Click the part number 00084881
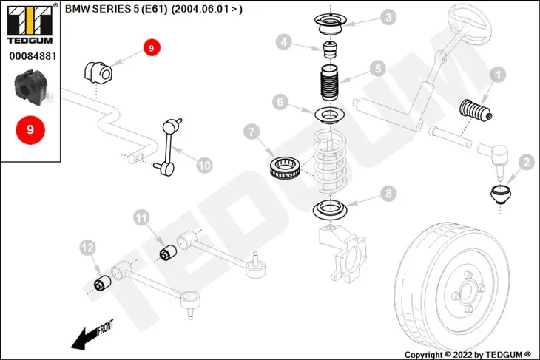point(33,56)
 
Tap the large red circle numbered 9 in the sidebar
point(30,130)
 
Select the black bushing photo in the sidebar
point(30,87)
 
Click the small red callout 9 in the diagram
point(152,48)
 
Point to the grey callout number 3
point(388,17)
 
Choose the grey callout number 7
point(252,132)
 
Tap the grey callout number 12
point(87,248)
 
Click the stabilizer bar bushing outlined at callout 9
point(98,72)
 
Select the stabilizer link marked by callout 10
point(168,147)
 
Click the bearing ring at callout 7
point(285,168)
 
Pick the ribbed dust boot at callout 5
point(330,83)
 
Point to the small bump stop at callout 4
point(330,50)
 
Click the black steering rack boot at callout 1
point(476,111)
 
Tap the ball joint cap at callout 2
point(500,194)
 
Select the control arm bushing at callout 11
point(169,252)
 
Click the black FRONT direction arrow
point(91,335)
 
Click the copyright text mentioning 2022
point(468,355)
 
